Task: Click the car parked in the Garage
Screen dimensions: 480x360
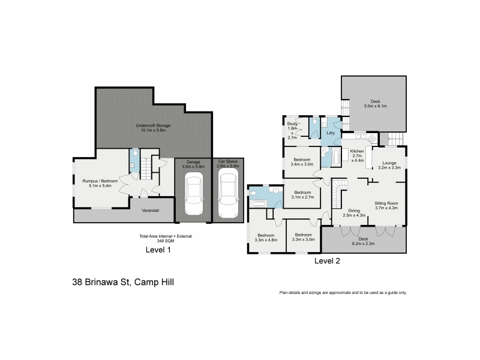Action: tap(194, 193)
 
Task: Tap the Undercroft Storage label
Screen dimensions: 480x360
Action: tap(153, 128)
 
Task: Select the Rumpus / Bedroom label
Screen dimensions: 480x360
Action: tap(100, 183)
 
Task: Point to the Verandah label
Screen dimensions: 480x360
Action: tap(151, 211)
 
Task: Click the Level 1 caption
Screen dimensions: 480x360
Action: tap(158, 250)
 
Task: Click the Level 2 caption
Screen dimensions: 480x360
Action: tap(327, 261)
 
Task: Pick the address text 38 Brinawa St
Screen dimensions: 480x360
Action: tap(101, 282)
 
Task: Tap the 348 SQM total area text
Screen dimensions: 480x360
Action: tap(166, 241)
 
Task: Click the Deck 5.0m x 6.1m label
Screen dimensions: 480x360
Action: tap(376, 103)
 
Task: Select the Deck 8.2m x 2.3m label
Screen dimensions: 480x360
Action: tap(363, 241)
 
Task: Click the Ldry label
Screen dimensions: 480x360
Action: tap(331, 133)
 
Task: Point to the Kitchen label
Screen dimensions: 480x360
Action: tap(357, 151)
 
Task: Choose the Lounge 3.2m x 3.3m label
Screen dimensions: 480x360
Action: tap(389, 166)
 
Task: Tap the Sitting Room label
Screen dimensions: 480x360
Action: tap(386, 203)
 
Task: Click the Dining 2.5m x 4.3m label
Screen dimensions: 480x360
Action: tap(354, 213)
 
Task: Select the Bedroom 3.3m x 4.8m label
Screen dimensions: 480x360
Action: tap(266, 238)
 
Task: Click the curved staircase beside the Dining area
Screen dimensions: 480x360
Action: tap(340, 194)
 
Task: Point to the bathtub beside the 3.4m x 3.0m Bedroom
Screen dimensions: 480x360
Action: tap(337, 157)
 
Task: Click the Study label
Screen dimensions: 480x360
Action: tap(292, 124)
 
